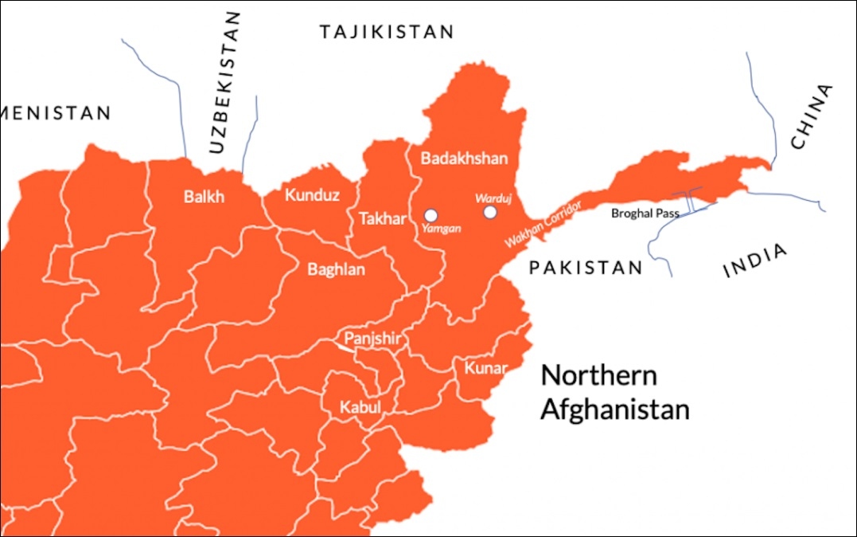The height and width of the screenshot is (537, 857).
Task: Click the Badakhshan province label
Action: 463,159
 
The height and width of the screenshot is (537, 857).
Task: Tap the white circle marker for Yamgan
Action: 430,214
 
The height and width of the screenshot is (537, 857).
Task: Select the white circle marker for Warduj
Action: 490,212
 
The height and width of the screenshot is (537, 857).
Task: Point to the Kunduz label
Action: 312,195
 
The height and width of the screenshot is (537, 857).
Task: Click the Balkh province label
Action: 204,197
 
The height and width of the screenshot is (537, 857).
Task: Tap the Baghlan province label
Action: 336,270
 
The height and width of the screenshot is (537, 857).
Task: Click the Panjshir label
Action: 371,339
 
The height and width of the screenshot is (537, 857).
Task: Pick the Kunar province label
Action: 485,369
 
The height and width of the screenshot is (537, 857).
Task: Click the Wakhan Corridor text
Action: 543,222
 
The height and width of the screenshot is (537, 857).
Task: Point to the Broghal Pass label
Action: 645,214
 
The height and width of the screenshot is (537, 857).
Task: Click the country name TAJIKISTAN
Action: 386,32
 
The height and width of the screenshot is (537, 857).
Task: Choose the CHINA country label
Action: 811,117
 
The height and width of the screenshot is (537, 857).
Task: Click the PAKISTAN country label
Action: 585,268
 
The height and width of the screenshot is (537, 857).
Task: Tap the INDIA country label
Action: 755,261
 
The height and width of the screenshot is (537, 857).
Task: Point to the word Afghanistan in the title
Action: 614,410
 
